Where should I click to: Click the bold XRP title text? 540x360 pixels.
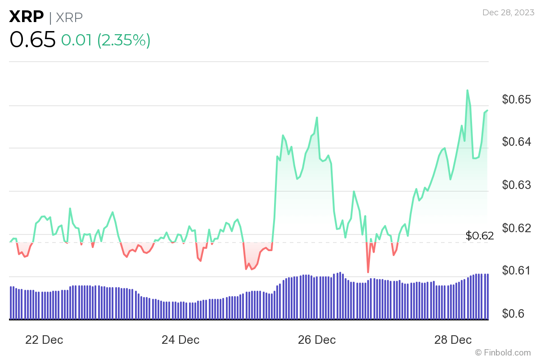(27, 17)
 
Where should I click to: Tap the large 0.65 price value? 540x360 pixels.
(32, 40)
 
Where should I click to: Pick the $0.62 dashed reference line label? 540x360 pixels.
(480, 235)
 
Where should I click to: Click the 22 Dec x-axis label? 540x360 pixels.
(44, 340)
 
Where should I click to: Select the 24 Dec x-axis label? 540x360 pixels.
(180, 340)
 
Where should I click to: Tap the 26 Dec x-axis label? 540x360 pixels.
(317, 340)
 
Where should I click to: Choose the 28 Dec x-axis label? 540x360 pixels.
(453, 340)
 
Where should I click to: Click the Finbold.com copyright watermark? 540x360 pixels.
(503, 352)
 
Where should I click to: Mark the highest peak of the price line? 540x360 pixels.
(467, 90)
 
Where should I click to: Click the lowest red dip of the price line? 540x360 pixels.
(368, 272)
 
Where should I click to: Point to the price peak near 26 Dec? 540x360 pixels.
(317, 117)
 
